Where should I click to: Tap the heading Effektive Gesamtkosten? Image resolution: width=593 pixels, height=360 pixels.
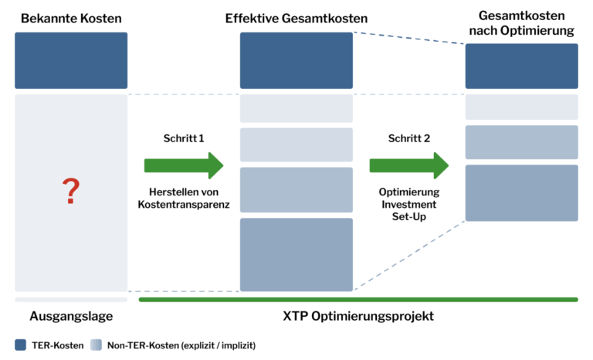click(x=296, y=17)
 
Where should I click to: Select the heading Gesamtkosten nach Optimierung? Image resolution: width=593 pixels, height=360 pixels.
click(x=522, y=23)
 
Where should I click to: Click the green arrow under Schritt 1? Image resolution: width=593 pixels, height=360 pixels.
click(x=183, y=165)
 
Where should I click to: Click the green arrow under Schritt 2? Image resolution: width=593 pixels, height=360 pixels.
click(x=408, y=165)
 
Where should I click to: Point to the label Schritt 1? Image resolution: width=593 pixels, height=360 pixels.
click(x=183, y=138)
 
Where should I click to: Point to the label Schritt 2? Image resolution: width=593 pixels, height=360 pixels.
click(x=408, y=138)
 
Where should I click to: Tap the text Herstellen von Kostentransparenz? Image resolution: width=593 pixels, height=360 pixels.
click(x=183, y=199)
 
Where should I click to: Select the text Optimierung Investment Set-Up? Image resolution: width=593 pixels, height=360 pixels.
click(x=408, y=205)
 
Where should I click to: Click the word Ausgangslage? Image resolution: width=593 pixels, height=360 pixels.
click(x=71, y=316)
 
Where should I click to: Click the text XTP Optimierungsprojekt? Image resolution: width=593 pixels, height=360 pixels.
click(x=357, y=316)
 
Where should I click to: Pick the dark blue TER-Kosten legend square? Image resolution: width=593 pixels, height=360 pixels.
click(x=20, y=345)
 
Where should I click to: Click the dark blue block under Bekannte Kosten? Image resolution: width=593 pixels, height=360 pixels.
click(x=71, y=60)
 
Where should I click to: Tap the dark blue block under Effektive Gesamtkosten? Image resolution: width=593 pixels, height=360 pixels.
click(x=296, y=60)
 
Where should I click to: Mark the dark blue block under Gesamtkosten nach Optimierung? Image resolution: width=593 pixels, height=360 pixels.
click(x=522, y=66)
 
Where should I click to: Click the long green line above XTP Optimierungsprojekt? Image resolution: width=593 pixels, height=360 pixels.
click(x=357, y=299)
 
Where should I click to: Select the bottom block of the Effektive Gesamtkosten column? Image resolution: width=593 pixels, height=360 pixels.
click(x=296, y=254)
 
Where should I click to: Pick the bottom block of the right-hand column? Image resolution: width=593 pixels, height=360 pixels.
click(x=522, y=192)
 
